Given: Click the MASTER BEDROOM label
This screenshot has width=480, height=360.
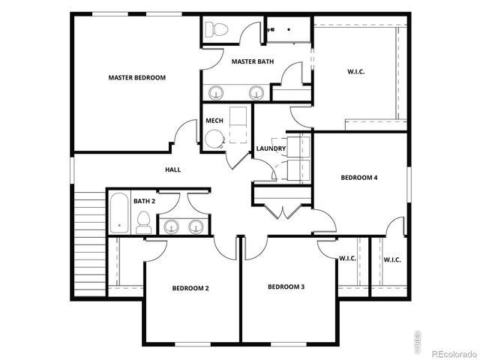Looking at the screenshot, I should (x=136, y=77).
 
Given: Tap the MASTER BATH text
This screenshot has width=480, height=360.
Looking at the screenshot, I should (x=252, y=61).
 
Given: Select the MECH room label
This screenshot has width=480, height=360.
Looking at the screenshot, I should (x=214, y=121).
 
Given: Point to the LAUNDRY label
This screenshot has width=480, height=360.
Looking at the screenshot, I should (x=271, y=148).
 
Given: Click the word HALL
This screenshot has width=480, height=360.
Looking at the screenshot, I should (x=172, y=169).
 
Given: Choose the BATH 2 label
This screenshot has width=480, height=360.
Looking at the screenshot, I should (x=144, y=201).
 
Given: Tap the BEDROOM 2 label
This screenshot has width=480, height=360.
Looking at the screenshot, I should (x=190, y=288).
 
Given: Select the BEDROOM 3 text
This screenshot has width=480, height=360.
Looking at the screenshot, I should (x=286, y=286).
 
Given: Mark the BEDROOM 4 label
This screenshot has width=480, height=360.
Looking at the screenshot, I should (x=359, y=178).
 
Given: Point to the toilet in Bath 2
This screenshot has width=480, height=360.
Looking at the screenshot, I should (x=142, y=221).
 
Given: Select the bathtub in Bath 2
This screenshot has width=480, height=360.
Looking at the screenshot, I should (x=119, y=214).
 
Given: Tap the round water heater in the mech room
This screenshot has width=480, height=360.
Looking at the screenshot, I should (x=214, y=138).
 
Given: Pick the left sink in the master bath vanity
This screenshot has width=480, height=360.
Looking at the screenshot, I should (x=217, y=93).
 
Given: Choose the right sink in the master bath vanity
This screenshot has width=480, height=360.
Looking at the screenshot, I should (x=256, y=93).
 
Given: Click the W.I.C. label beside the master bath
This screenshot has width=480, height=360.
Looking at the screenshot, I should (x=355, y=72).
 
